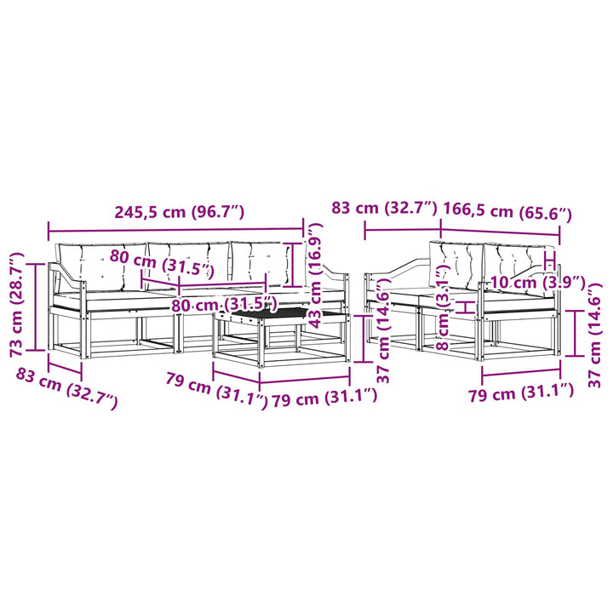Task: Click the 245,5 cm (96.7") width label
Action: [x=179, y=211]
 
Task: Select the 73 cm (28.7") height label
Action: [x=17, y=306]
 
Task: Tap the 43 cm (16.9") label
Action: [x=315, y=275]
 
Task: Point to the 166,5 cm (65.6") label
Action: [x=507, y=211]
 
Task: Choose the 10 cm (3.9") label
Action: [x=537, y=282]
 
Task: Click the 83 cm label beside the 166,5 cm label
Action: [x=384, y=208]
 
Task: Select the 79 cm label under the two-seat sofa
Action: [x=521, y=392]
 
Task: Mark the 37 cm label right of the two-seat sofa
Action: [x=594, y=335]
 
